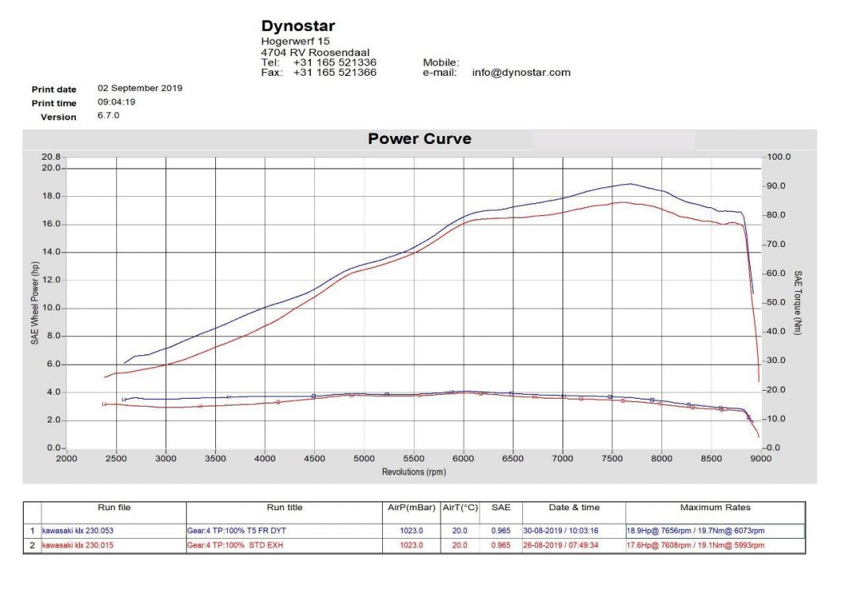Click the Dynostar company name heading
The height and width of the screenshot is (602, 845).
tap(298, 26)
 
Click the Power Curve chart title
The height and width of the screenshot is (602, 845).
tap(419, 139)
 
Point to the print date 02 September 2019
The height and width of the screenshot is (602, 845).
tap(140, 89)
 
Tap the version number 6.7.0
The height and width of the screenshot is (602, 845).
tap(108, 115)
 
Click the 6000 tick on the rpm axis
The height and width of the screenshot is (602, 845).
tap(464, 458)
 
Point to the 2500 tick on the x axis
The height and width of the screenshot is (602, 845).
tap(116, 458)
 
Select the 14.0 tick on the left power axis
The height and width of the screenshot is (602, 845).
tap(51, 252)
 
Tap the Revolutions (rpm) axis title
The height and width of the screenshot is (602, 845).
tap(413, 471)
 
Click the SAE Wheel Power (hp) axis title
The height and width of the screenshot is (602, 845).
tap(36, 303)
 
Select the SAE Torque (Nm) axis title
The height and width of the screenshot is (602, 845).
tap(798, 303)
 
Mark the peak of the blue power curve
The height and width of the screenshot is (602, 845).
tap(630, 184)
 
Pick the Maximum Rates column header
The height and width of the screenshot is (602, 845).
tap(715, 508)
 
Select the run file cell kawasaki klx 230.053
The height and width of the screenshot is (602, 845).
tap(78, 531)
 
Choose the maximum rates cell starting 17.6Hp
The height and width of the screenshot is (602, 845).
tap(695, 545)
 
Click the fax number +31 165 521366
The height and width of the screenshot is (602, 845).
tap(335, 73)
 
